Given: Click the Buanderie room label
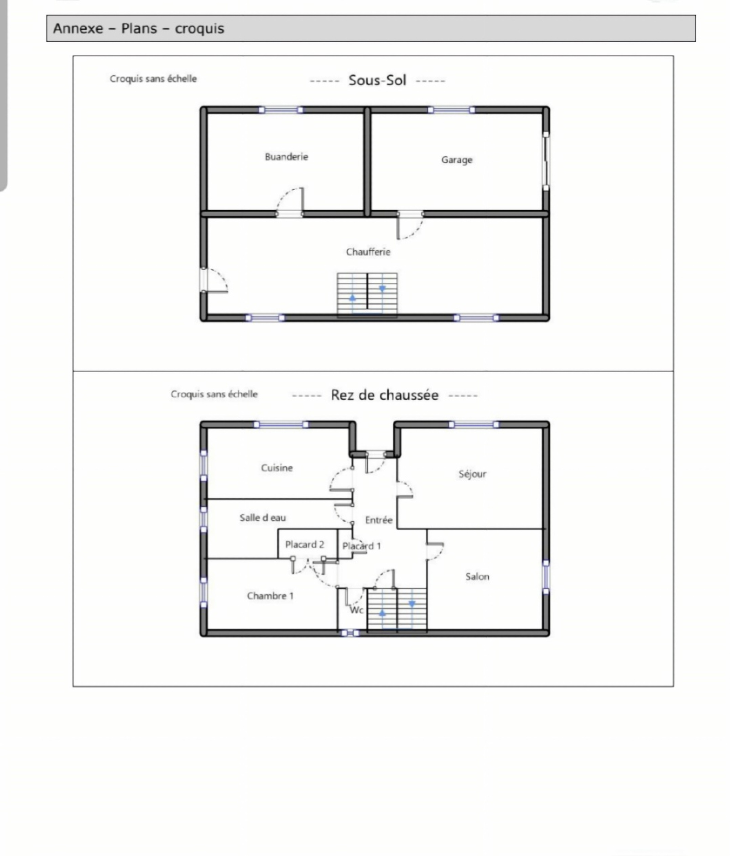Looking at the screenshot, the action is coord(287,157).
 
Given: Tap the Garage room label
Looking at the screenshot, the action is coord(457,160).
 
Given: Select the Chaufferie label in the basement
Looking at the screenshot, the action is coord(368,252).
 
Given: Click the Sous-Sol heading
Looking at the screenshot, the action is coord(377,80).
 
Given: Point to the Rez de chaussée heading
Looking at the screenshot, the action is coord(385,395).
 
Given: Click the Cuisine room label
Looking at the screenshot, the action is coord(277,468).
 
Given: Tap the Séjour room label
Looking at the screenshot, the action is coord(472,474).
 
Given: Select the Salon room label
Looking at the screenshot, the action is coord(477,576).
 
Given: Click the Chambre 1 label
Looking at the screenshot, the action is coord(270,596).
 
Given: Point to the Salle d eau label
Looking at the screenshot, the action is coord(263,518).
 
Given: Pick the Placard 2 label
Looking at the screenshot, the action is coord(304,544).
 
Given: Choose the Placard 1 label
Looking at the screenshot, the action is coord(361,546).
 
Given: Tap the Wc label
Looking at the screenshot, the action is coord(356,610).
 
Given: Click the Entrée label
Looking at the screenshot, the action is coord(379,520).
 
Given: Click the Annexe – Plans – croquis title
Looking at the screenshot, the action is coord(139,28).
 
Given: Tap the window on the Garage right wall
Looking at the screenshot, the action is coord(546,161).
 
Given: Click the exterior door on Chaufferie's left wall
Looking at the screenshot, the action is coord(204,280).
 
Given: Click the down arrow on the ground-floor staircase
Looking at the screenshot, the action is coord(412,604).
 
